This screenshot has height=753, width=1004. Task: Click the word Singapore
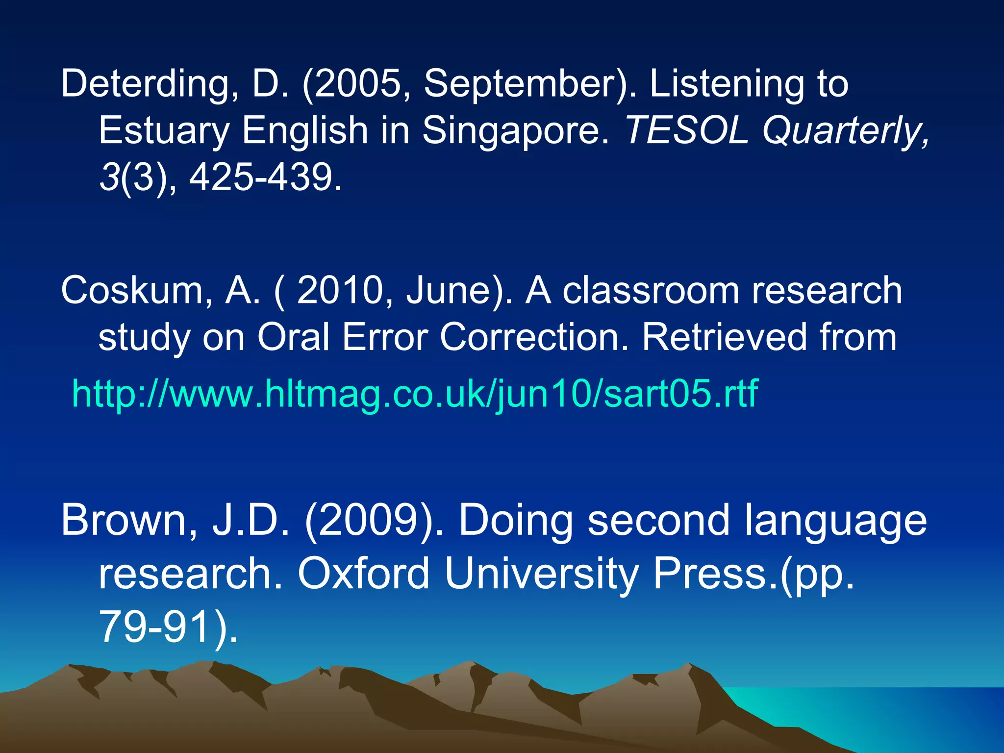coord(515,131)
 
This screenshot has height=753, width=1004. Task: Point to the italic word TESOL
coord(686,130)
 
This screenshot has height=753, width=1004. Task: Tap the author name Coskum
coord(131,291)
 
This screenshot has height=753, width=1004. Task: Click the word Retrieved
coord(724,337)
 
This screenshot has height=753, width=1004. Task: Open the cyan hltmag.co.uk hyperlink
coord(415,394)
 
